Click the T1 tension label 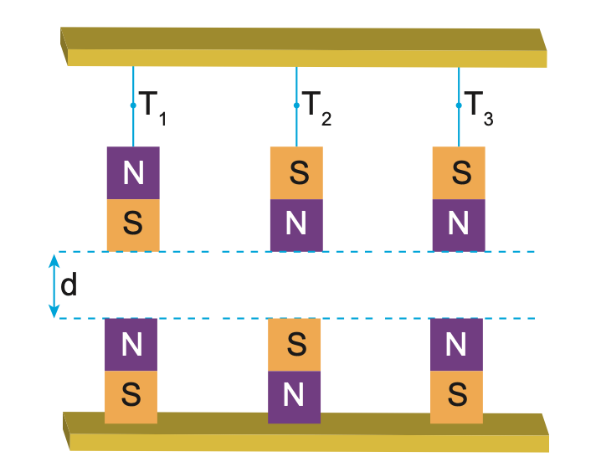coord(152,106)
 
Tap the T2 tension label coord(316,106)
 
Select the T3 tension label coord(478,106)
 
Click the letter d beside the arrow coord(69,285)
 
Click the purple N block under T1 coord(133,173)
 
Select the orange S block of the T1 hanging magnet coord(133,224)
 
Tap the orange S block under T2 coord(295,173)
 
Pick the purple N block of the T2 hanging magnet coord(295,224)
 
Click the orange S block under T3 coord(459,173)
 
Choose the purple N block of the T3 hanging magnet coord(459,224)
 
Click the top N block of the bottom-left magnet coord(131,345)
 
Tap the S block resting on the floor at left coord(131,395)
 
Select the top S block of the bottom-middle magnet coord(294,345)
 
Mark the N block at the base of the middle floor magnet coord(294,396)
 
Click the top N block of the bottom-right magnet coord(456,345)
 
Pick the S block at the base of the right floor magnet coord(456,395)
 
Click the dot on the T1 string coord(133,106)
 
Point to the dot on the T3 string coord(459,106)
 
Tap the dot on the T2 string coord(296,106)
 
